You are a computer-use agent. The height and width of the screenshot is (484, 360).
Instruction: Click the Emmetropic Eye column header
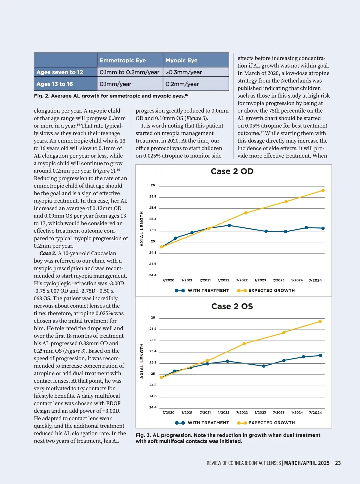123,60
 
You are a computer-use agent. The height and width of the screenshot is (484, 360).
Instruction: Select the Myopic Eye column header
181,60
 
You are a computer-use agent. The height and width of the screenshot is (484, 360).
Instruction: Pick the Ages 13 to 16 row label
55,84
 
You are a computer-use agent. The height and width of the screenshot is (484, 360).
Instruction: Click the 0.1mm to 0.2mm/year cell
129,72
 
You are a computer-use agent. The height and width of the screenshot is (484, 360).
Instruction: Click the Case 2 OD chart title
232,171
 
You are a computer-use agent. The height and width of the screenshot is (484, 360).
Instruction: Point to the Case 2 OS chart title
232,306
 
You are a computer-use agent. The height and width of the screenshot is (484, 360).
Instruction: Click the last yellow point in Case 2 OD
323,191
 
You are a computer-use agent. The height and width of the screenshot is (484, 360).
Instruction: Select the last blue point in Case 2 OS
320,356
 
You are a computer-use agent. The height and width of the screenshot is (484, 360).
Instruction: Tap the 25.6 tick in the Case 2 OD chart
153,208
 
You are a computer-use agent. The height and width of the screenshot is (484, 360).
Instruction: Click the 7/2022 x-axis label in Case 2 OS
242,413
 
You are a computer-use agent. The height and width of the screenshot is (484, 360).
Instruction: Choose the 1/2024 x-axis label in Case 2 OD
297,280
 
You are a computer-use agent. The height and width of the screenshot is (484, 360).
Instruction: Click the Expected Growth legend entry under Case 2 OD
266,290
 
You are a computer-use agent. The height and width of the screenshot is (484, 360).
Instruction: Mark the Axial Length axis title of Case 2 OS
142,361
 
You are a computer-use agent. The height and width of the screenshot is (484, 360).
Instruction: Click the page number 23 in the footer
338,463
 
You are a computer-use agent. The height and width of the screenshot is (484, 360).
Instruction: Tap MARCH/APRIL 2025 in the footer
307,463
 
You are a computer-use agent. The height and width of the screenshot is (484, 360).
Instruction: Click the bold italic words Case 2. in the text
48,253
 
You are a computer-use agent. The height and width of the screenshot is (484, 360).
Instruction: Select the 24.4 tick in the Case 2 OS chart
153,407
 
